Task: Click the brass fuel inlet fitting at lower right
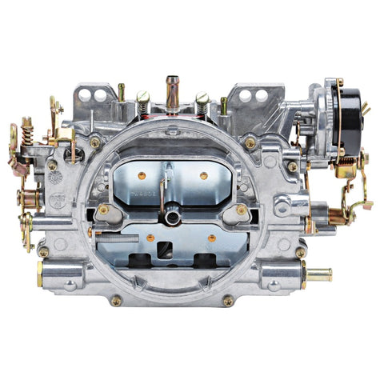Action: click(x=319, y=275)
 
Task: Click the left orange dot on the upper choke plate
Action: click(x=142, y=175)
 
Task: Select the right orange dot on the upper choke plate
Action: click(x=203, y=175)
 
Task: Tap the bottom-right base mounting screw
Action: click(x=228, y=301)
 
